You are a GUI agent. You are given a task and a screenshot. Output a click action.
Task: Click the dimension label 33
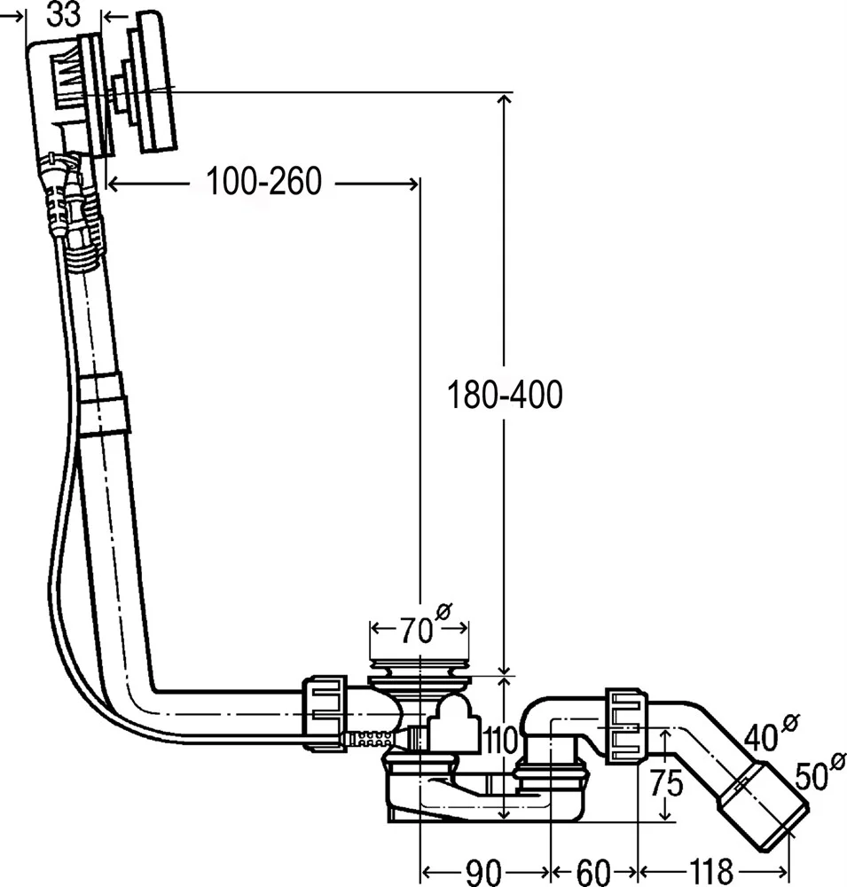pyautogui.click(x=65, y=16)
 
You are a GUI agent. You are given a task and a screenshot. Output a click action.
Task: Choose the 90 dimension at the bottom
pyautogui.click(x=484, y=871)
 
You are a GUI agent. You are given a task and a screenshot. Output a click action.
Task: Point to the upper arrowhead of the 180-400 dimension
pyautogui.click(x=504, y=99)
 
